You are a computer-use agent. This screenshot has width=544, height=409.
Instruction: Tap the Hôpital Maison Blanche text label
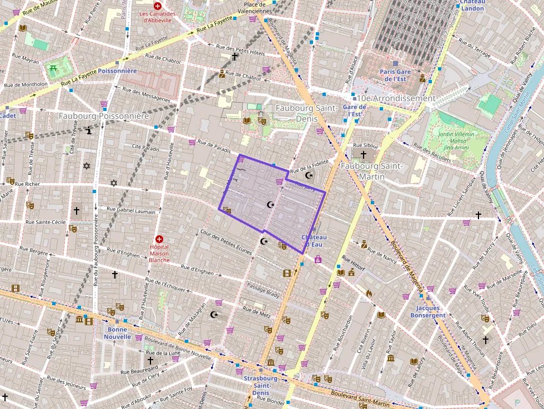(x=159, y=254)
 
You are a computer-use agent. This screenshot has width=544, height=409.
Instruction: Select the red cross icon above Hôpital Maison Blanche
(x=159, y=238)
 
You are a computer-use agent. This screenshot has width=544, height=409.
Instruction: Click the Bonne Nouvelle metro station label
(x=117, y=333)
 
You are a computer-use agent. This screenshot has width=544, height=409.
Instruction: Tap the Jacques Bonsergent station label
(x=427, y=311)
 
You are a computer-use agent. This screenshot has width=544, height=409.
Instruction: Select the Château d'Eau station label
(x=314, y=240)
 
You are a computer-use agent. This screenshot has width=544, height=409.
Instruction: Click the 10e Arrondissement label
(x=396, y=98)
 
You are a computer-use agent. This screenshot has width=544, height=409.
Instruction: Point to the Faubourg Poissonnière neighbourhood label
(x=104, y=117)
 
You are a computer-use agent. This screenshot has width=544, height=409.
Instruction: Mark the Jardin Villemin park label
(x=457, y=140)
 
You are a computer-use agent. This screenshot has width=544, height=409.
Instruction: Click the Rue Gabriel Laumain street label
(x=131, y=210)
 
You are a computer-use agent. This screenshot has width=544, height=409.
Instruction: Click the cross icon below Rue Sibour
(x=364, y=155)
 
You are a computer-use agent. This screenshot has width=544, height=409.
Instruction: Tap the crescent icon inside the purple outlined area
(x=270, y=205)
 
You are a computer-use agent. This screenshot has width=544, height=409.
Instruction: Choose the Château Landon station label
(x=472, y=5)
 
